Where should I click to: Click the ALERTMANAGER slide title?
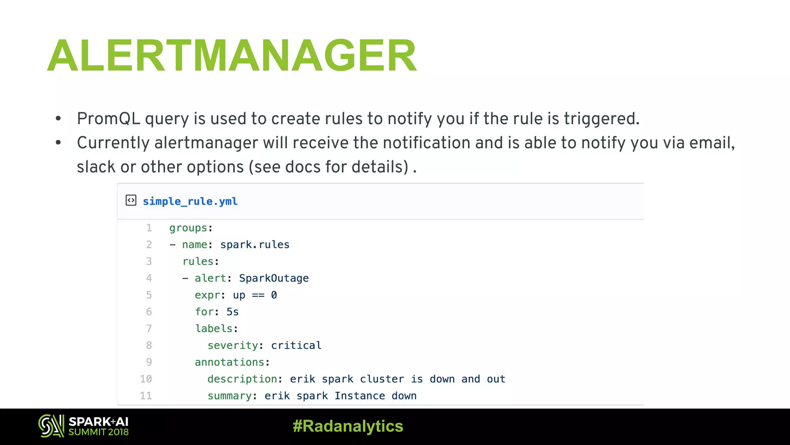tap(231, 56)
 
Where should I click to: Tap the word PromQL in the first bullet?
tap(108, 119)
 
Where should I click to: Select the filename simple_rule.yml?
tap(190, 201)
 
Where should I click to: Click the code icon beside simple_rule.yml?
tap(131, 200)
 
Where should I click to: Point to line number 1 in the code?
tap(149, 228)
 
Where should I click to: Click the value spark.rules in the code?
tap(255, 245)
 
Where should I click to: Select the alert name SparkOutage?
tap(274, 278)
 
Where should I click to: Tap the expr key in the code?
tap(207, 295)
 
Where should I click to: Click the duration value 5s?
tap(233, 312)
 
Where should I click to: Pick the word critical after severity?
tap(296, 345)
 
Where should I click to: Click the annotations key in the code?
tap(230, 362)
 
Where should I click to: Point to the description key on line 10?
tap(242, 379)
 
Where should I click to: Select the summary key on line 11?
tap(230, 396)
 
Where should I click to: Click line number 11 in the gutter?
tap(146, 396)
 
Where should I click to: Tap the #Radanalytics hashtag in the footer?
tap(348, 426)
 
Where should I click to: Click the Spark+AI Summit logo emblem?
tap(51, 426)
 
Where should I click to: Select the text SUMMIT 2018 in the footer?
tap(98, 432)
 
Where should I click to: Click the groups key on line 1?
tap(188, 228)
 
